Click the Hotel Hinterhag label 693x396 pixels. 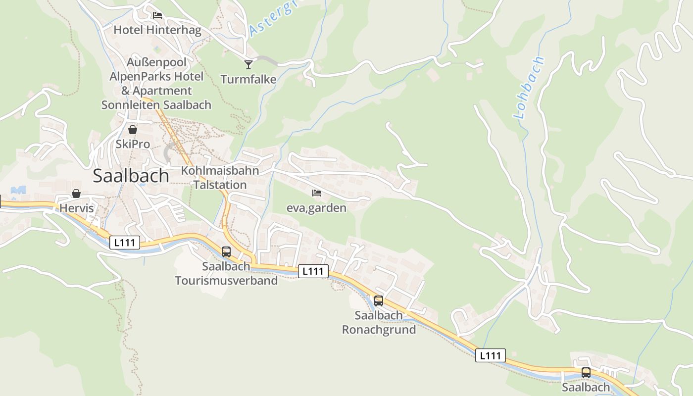pyautogui.click(x=157, y=30)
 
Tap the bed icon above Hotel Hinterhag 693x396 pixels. pyautogui.click(x=157, y=15)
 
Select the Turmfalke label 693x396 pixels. pyautogui.click(x=248, y=79)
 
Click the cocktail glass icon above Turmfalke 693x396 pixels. pyautogui.click(x=248, y=64)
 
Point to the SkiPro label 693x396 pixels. pyautogui.click(x=133, y=145)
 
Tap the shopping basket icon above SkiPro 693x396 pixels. pyautogui.click(x=133, y=130)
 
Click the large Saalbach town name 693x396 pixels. pyautogui.click(x=131, y=176)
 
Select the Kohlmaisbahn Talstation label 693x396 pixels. pyautogui.click(x=220, y=178)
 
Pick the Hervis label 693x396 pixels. pyautogui.click(x=77, y=208)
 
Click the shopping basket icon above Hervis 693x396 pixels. pyautogui.click(x=76, y=194)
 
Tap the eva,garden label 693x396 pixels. pyautogui.click(x=316, y=208)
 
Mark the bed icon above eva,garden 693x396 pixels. pyautogui.click(x=317, y=193)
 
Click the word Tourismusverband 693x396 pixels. pyautogui.click(x=226, y=281)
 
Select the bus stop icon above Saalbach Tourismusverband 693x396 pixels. pyautogui.click(x=226, y=252)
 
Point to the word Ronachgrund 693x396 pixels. pyautogui.click(x=379, y=330)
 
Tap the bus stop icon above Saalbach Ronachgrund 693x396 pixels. pyautogui.click(x=379, y=300)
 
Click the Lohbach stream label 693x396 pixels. pyautogui.click(x=529, y=88)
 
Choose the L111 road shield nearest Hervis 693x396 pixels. pyautogui.click(x=125, y=243)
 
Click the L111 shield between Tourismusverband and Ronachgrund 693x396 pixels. pyautogui.click(x=313, y=271)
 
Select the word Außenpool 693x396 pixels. pyautogui.click(x=156, y=62)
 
